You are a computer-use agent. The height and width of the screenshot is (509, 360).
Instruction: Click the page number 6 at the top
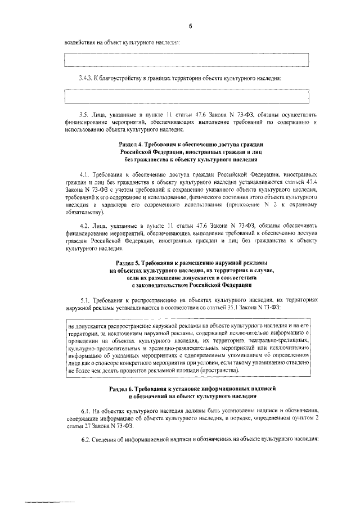click(190, 26)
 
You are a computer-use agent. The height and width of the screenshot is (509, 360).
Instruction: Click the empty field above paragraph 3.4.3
click(187, 60)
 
